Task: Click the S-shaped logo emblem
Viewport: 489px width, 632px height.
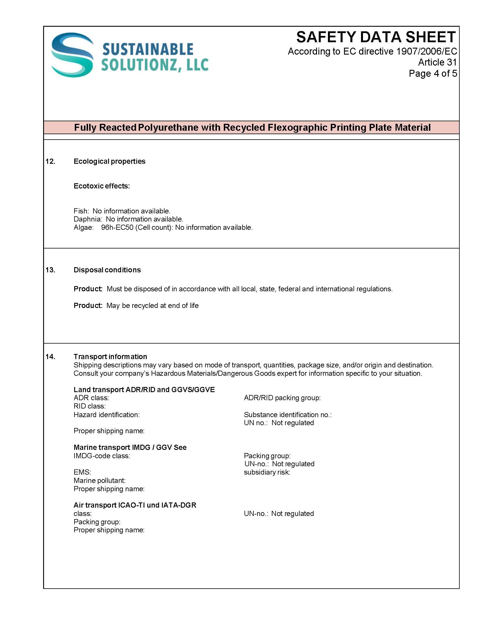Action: (72, 55)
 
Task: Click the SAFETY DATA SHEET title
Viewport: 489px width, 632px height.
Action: (376, 37)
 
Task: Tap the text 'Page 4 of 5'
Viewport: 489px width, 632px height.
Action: (433, 74)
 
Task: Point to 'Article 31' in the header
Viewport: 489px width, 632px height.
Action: (437, 62)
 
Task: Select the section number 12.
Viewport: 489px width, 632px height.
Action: (50, 161)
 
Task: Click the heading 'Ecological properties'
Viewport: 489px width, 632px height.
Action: (109, 161)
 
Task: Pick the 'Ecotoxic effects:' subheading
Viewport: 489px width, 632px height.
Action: (102, 186)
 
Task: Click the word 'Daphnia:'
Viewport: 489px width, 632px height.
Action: (87, 219)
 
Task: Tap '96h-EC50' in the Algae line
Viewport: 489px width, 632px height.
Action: (117, 228)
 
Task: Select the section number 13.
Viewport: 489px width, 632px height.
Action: (50, 270)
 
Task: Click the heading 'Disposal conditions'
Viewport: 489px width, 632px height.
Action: (107, 270)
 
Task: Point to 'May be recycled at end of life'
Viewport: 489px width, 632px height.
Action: (152, 306)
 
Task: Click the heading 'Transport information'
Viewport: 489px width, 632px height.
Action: (110, 357)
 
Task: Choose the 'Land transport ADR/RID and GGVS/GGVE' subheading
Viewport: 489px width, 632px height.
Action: (144, 390)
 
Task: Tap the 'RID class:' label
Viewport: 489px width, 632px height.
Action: (89, 406)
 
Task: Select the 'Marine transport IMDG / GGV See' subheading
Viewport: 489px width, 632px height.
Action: (130, 447)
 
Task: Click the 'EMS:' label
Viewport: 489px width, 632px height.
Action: (82, 472)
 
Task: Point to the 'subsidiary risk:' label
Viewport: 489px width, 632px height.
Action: (267, 472)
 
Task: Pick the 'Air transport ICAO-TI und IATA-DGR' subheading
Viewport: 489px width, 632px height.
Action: (135, 505)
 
